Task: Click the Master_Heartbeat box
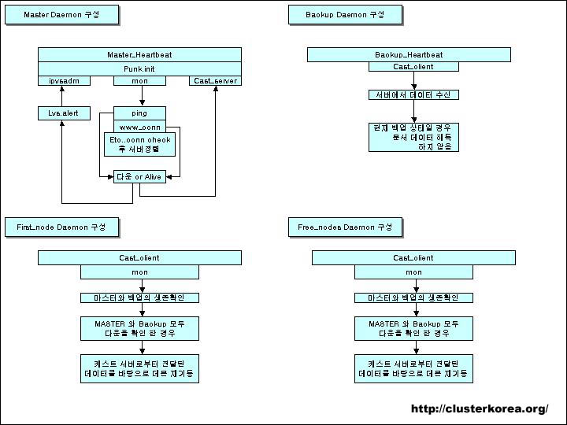pyautogui.click(x=139, y=54)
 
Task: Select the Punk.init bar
pyautogui.click(x=139, y=68)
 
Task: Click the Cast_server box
pyautogui.click(x=214, y=80)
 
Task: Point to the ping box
pyautogui.click(x=139, y=113)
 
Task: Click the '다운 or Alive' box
pyautogui.click(x=139, y=177)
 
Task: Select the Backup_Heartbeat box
pyautogui.click(x=409, y=54)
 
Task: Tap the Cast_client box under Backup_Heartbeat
pyautogui.click(x=408, y=68)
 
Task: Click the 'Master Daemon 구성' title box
pyautogui.click(x=61, y=15)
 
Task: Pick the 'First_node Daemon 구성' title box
pyautogui.click(x=61, y=227)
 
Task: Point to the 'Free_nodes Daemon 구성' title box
pyautogui.click(x=345, y=227)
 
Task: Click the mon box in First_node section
pyautogui.click(x=139, y=272)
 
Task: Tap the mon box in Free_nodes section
pyautogui.click(x=413, y=272)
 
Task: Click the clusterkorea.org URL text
pyautogui.click(x=480, y=408)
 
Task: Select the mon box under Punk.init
pyautogui.click(x=139, y=80)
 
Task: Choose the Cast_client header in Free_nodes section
pyautogui.click(x=413, y=258)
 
